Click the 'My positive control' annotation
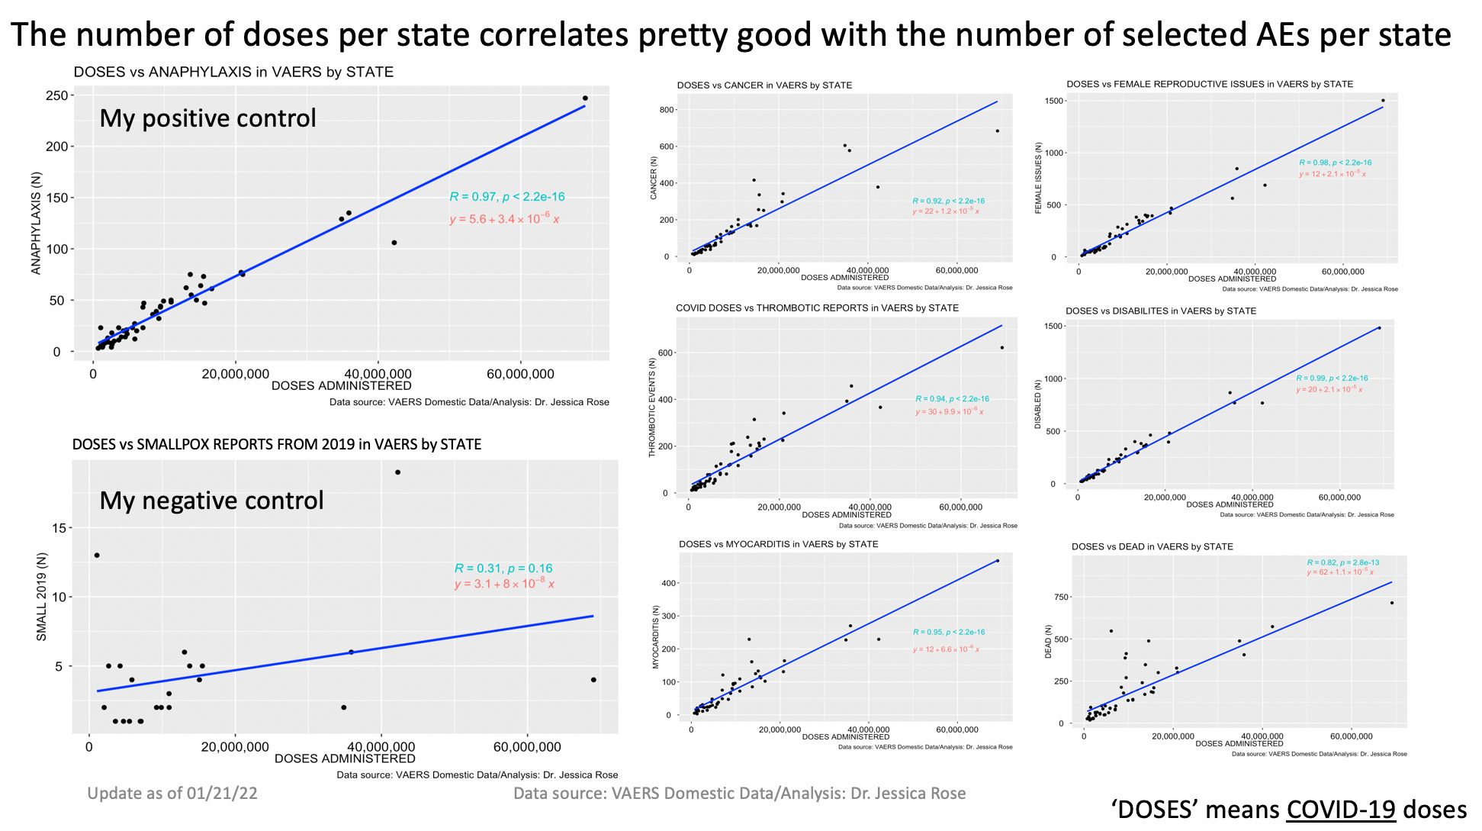[207, 118]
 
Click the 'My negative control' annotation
[211, 501]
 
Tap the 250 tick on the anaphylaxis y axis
[55, 95]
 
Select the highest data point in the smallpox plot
[397, 472]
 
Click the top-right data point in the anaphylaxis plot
[585, 98]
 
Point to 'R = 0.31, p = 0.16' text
[503, 568]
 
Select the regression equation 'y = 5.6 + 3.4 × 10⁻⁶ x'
[504, 220]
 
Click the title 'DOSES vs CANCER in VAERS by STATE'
[764, 85]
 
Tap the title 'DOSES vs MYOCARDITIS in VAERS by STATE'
[778, 544]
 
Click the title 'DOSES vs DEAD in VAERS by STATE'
[1152, 546]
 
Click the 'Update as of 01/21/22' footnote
[172, 794]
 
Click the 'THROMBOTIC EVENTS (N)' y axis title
[652, 407]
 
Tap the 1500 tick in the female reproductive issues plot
[1055, 101]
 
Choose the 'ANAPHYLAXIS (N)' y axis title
[36, 223]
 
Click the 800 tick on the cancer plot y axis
[667, 110]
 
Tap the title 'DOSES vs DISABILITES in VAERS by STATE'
[1160, 311]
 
